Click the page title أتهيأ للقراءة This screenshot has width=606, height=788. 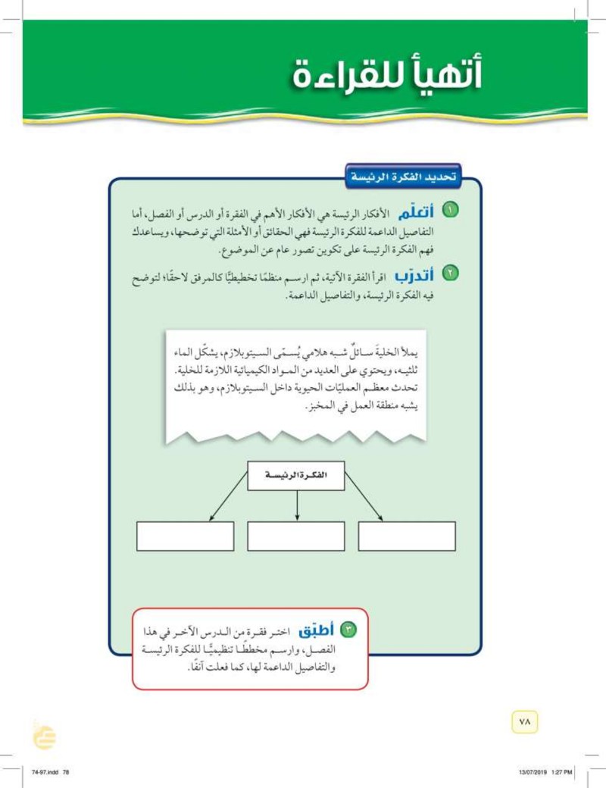[x=386, y=77]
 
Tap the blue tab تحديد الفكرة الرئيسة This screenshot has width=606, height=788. [x=401, y=178]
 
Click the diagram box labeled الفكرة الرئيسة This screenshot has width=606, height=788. [x=296, y=475]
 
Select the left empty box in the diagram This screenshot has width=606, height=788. [x=185, y=536]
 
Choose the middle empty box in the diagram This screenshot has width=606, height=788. [x=296, y=536]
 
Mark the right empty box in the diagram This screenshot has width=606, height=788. [x=407, y=536]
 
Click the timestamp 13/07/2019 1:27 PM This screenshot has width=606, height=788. [x=546, y=771]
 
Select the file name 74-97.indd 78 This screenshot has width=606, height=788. [x=52, y=771]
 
